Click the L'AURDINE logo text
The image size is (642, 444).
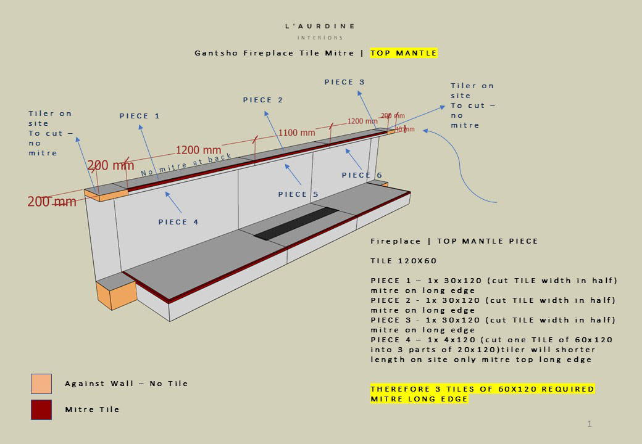tap(320, 27)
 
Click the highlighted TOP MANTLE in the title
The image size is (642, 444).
tap(404, 53)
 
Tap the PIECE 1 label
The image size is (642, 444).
tap(140, 116)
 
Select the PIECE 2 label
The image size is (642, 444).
tap(263, 100)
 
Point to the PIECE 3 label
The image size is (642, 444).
tap(344, 82)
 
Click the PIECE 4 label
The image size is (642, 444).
tap(178, 222)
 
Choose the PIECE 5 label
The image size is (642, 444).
tap(298, 194)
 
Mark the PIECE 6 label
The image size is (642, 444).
tap(362, 175)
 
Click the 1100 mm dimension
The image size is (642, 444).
tap(296, 133)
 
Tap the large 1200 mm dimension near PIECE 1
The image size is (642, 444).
tap(198, 150)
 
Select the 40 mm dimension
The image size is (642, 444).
tap(405, 129)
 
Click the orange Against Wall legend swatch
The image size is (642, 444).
tap(41, 384)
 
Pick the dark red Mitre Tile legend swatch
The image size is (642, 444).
tap(41, 409)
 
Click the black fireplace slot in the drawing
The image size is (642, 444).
tap(296, 223)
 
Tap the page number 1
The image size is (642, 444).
tap(590, 424)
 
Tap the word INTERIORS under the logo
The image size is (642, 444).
tap(320, 38)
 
